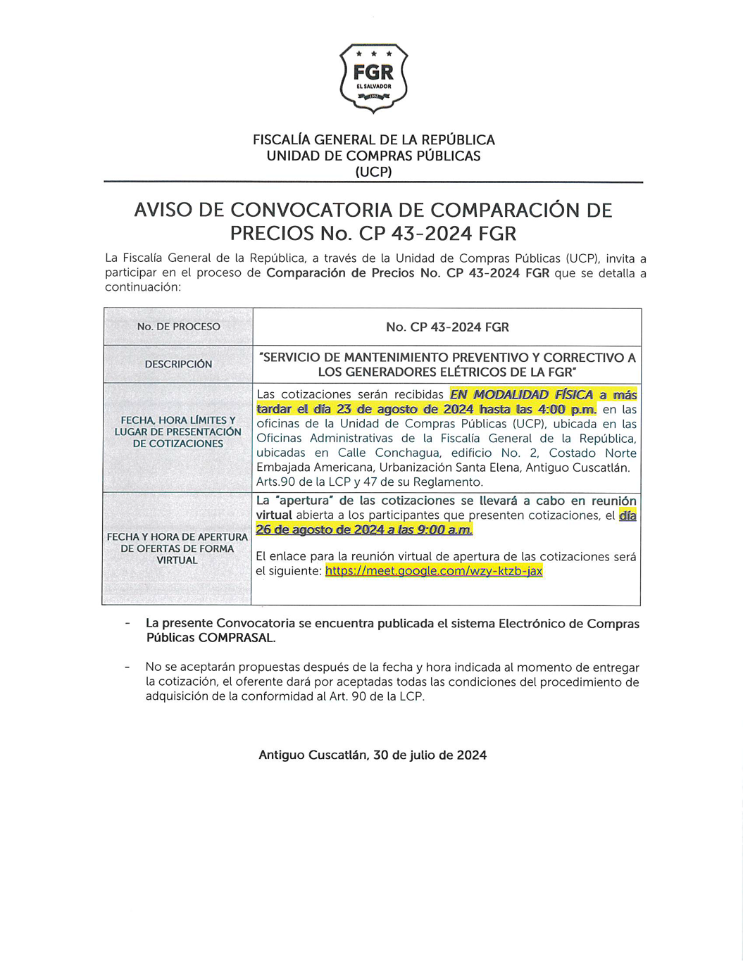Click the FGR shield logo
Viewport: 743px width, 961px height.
click(373, 77)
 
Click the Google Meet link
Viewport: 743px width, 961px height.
click(434, 571)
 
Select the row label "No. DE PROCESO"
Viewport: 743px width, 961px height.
click(178, 327)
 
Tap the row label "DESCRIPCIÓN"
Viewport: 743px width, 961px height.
click(178, 364)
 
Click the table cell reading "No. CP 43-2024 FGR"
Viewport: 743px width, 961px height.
click(447, 327)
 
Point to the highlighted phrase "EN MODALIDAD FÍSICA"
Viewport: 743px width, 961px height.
click(521, 395)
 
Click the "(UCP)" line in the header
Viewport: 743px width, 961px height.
click(373, 172)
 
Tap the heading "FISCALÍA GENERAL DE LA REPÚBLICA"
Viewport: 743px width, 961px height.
click(373, 139)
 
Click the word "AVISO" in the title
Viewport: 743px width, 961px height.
click(175, 210)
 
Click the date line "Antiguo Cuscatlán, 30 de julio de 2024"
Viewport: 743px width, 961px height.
click(373, 755)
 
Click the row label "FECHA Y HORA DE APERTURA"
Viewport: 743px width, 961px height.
click(177, 536)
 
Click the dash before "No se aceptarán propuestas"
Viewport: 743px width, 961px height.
click(127, 667)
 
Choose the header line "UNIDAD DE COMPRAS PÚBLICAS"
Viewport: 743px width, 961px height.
click(373, 156)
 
